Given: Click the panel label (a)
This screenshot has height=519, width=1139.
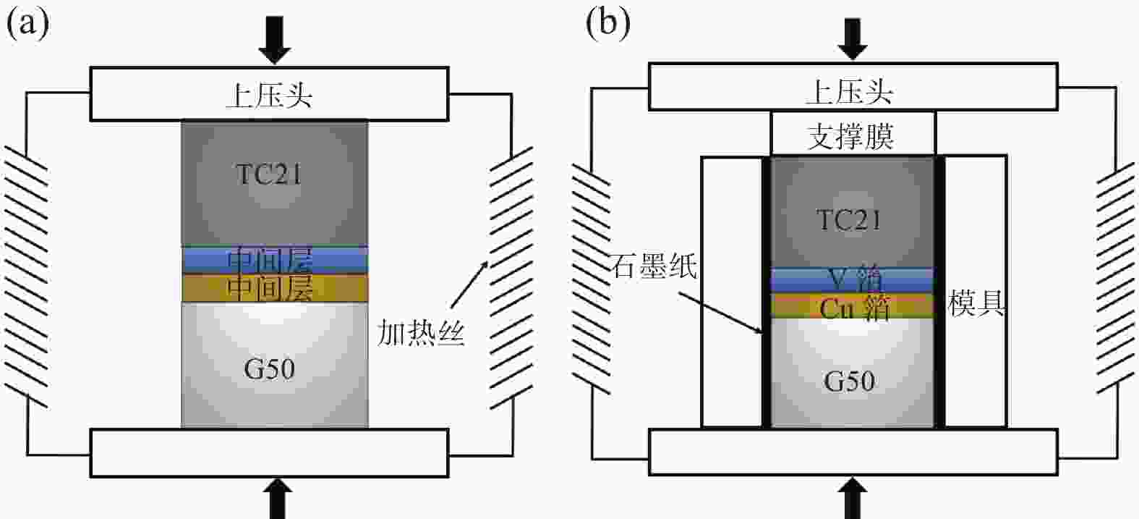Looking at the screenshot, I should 27,24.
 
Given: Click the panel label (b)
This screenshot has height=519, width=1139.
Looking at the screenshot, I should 608,24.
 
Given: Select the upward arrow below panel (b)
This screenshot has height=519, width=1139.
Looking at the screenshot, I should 853,499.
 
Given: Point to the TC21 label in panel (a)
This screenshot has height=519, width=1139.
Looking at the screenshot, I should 269,174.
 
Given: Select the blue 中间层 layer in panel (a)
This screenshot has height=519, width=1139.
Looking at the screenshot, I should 274,260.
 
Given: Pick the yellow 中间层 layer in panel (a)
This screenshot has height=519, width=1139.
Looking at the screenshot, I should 274,288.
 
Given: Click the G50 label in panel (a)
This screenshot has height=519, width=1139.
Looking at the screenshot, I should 269,370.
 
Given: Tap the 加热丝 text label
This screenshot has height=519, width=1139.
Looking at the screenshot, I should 420,334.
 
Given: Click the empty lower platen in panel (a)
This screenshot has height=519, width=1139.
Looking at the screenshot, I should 269,452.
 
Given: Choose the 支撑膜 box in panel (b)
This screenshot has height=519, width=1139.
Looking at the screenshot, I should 853,135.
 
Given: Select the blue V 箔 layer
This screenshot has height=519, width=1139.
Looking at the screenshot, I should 853,279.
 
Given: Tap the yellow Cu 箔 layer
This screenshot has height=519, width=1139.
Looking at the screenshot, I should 853,307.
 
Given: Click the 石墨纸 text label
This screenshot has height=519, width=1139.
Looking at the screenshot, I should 653,266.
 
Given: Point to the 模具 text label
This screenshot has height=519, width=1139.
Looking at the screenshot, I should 976,305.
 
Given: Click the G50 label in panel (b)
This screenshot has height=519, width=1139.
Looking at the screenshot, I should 849,381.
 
